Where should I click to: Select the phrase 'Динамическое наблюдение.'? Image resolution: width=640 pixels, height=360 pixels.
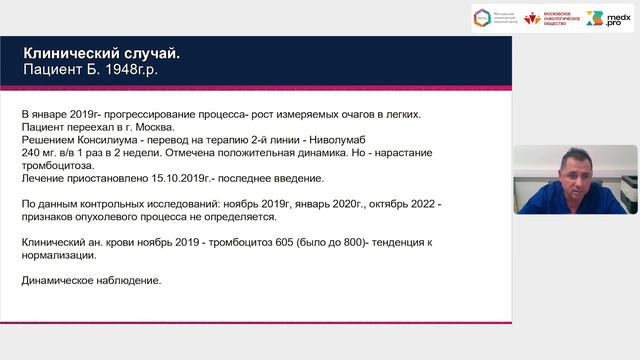coord(90,281)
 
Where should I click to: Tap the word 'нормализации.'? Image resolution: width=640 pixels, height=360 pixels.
coord(58,256)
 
